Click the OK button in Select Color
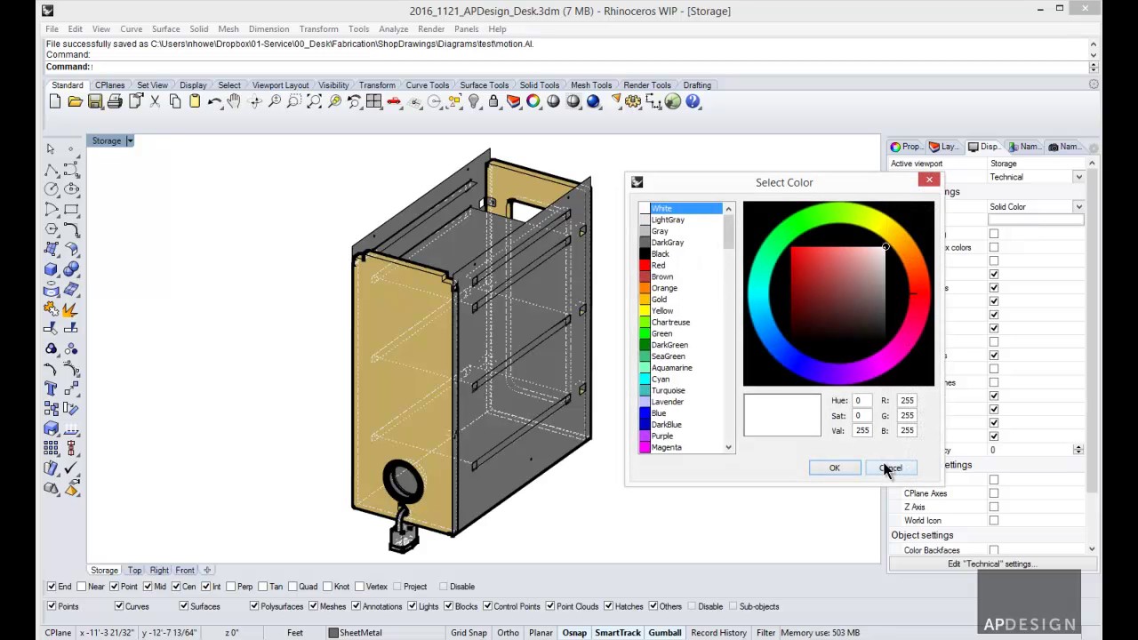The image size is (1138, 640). pyautogui.click(x=834, y=468)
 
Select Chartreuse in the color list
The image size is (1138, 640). pyautogui.click(x=670, y=323)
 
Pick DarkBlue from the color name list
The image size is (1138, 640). pyautogui.click(x=666, y=425)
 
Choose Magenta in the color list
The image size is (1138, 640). pyautogui.click(x=666, y=448)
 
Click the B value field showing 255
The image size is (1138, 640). pyautogui.click(x=906, y=431)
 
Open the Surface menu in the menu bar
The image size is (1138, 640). pyautogui.click(x=165, y=28)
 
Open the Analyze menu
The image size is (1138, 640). pyautogui.click(x=393, y=28)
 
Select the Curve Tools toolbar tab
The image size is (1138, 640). pyautogui.click(x=428, y=85)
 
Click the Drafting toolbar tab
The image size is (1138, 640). pyautogui.click(x=696, y=85)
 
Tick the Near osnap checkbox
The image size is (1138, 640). pyautogui.click(x=83, y=587)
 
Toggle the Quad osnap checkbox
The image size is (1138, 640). pyautogui.click(x=293, y=587)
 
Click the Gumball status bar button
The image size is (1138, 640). pyautogui.click(x=664, y=633)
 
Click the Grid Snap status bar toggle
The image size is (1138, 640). pyautogui.click(x=469, y=633)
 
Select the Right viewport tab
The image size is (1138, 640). pyautogui.click(x=159, y=570)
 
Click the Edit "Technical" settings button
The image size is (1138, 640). pyautogui.click(x=989, y=564)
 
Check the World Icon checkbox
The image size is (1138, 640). pyautogui.click(x=994, y=521)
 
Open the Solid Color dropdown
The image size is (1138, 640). pyautogui.click(x=1036, y=207)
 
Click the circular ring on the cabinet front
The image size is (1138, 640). pyautogui.click(x=403, y=480)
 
